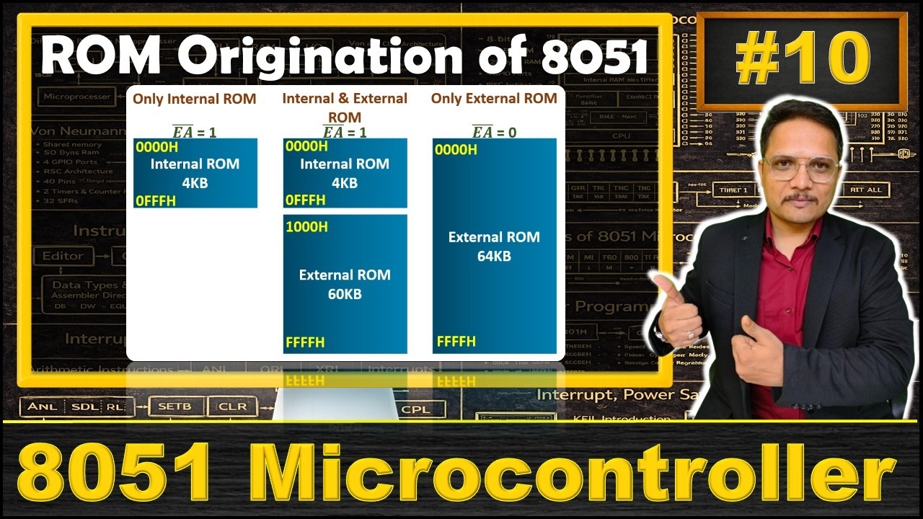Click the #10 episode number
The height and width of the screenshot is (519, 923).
(x=802, y=61)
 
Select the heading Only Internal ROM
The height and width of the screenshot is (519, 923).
(x=195, y=99)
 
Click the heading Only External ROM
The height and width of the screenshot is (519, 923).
(x=494, y=98)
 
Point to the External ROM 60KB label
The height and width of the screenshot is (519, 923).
(x=345, y=284)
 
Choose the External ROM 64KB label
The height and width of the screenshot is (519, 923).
(x=494, y=246)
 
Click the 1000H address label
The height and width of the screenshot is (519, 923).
(x=306, y=227)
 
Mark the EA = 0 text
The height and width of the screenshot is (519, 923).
(x=494, y=132)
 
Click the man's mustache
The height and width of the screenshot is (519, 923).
(x=801, y=198)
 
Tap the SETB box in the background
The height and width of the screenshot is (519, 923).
(x=175, y=407)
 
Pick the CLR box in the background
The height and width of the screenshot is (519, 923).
(x=232, y=407)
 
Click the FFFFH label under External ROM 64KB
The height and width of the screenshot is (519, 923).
(x=456, y=341)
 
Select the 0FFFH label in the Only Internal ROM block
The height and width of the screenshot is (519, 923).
(x=156, y=200)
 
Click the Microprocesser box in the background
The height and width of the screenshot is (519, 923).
(x=78, y=96)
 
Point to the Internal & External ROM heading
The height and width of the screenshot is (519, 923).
(x=345, y=107)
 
